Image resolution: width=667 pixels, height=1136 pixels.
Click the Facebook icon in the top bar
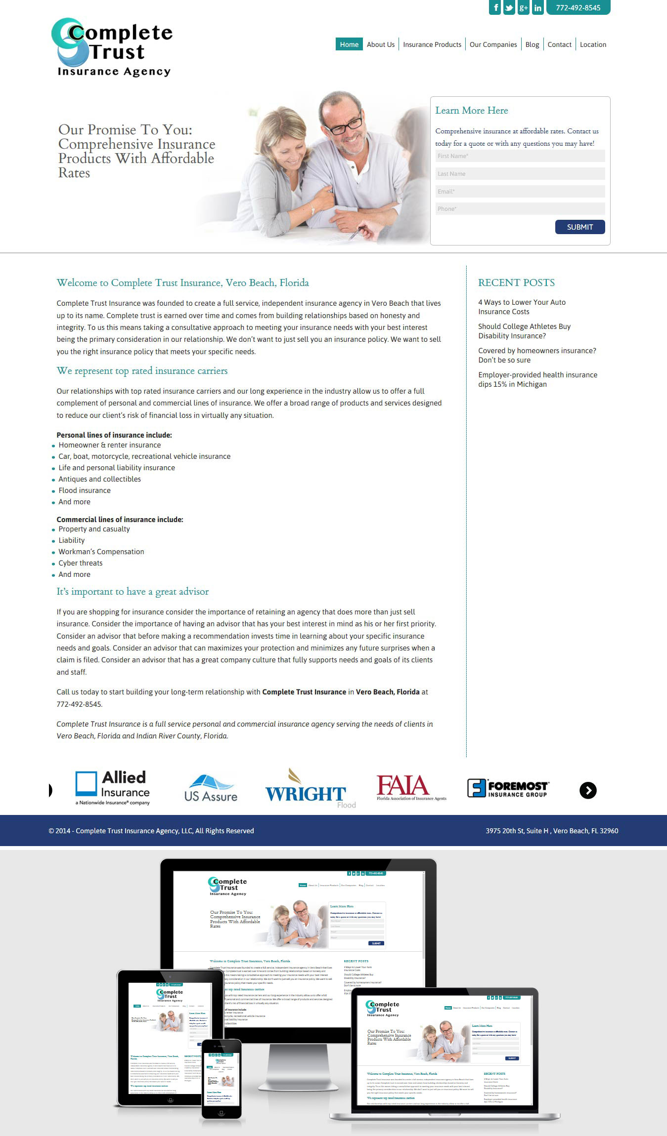pos(495,7)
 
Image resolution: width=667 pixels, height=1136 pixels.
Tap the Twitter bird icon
pos(509,7)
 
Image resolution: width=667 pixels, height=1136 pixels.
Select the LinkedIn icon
pos(538,7)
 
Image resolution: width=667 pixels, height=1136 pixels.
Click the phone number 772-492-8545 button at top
pos(578,7)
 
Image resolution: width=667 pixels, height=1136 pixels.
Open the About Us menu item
pos(381,44)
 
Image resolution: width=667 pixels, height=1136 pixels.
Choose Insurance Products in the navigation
pos(432,44)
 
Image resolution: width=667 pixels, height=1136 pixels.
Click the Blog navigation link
pos(532,44)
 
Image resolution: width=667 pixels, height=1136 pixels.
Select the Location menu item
pos(593,44)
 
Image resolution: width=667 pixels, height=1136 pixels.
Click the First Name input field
pos(520,156)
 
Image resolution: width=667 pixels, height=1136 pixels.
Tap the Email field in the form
pos(520,192)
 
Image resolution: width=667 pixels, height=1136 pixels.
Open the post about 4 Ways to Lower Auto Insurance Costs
pos(522,307)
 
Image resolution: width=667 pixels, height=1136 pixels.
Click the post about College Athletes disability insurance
pos(524,331)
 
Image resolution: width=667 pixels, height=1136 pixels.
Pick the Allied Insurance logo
pos(113,787)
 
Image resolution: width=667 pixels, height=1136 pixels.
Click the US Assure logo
pos(211,788)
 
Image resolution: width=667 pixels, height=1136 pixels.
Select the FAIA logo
pos(410,787)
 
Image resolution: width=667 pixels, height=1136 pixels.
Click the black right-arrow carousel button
pos(588,790)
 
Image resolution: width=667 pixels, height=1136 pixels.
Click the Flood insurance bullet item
pos(85,490)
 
